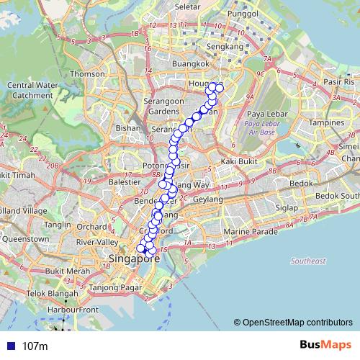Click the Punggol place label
[243, 13]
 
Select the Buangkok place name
[190, 63]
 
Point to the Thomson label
[87, 73]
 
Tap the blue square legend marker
[10, 346]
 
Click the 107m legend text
[35, 346]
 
